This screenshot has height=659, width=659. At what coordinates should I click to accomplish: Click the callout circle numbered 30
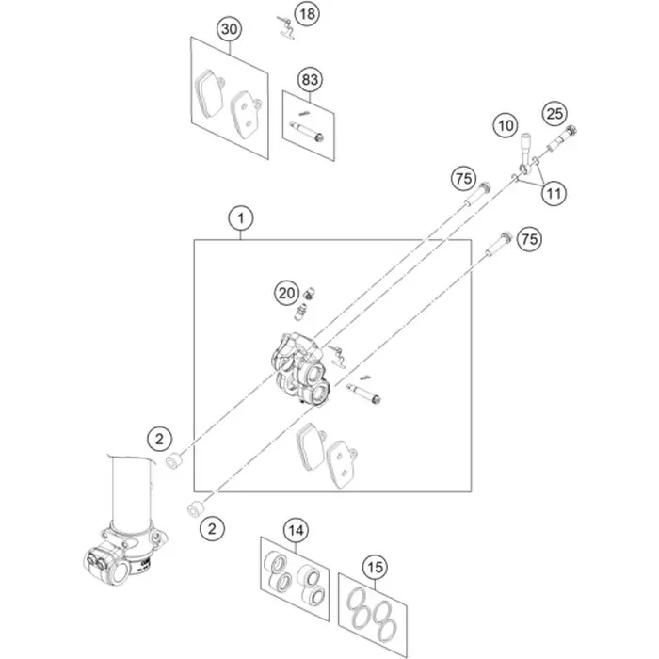(230, 29)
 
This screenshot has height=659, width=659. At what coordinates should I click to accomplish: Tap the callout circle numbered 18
(308, 14)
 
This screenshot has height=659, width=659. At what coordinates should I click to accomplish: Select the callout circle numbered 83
(310, 79)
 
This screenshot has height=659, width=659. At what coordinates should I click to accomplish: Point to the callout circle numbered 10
(506, 125)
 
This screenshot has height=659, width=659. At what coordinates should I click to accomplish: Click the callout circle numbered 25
(555, 114)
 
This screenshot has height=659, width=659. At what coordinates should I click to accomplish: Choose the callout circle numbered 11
(554, 194)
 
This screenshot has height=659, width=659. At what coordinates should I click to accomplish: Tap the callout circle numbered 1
(241, 218)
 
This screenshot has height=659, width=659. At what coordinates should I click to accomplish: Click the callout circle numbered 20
(287, 293)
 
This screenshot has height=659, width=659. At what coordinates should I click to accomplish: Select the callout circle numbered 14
(297, 531)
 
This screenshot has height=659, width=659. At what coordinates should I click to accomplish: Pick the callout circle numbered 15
(375, 568)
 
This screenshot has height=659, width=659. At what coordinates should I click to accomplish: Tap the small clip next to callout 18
(286, 27)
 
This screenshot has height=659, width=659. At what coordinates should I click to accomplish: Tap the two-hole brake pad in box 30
(246, 113)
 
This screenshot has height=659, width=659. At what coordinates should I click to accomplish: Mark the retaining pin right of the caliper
(364, 393)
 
